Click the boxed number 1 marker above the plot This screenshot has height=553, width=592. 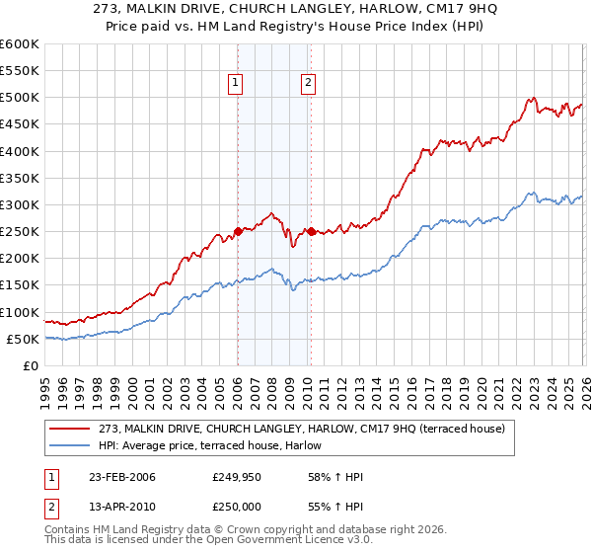[237, 84]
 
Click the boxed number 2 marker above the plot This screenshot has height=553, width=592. [309, 84]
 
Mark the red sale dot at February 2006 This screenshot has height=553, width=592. [238, 232]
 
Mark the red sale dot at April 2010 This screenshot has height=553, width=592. [310, 232]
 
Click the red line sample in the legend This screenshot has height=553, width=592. [71, 429]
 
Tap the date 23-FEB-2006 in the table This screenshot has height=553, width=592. [121, 478]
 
